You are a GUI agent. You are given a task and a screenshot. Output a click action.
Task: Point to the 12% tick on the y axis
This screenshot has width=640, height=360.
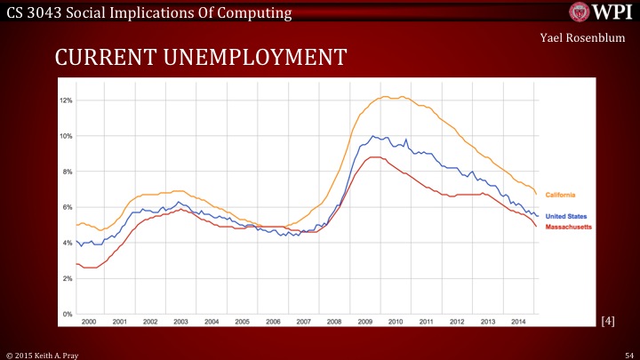pos(65,100)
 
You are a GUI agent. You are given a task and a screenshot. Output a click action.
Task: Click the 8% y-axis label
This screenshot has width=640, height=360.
pos(67,172)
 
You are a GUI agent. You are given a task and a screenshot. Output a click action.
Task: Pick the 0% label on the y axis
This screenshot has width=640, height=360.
pos(67,315)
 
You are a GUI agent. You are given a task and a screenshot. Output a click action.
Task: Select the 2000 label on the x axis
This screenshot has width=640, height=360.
pos(88,320)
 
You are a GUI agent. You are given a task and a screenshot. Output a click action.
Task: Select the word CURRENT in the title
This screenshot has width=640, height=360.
pos(100,58)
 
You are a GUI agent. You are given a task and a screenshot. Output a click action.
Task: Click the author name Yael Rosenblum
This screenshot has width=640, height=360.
pos(582,38)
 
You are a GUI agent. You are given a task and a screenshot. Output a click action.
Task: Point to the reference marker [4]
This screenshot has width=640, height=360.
pos(608,320)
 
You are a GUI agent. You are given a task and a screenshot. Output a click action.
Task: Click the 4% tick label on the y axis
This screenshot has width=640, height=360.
pos(67,243)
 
